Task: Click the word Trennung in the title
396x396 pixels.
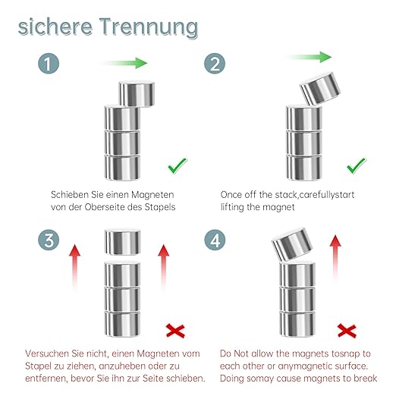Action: pyautogui.click(x=149, y=27)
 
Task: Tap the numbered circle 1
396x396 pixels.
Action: pyautogui.click(x=49, y=63)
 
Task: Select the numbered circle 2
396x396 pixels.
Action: pyautogui.click(x=215, y=63)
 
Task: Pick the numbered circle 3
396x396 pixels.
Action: pyautogui.click(x=49, y=240)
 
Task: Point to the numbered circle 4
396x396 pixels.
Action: pyautogui.click(x=215, y=240)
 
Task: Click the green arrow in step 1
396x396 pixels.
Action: pyautogui.click(x=124, y=63)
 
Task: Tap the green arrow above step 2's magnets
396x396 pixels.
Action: pyautogui.click(x=309, y=57)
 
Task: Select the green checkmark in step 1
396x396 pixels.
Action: pyautogui.click(x=178, y=165)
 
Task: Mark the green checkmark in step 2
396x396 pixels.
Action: pyautogui.click(x=356, y=165)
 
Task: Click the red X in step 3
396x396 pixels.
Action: pyautogui.click(x=175, y=331)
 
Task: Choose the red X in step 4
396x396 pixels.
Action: pyautogui.click(x=347, y=331)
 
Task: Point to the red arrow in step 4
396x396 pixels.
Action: pyautogui.click(x=335, y=256)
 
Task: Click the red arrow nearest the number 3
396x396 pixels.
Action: pyautogui.click(x=75, y=267)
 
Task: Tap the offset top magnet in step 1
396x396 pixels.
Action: pyautogui.click(x=137, y=93)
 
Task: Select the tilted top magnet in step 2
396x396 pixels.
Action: pyautogui.click(x=320, y=89)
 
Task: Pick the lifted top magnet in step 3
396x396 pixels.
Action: pyautogui.click(x=123, y=242)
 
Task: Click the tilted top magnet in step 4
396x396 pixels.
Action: pyautogui.click(x=292, y=244)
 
